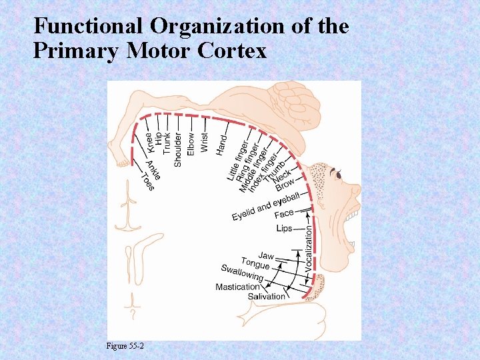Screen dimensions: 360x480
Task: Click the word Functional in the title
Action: pos(88,26)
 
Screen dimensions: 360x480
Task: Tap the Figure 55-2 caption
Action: pos(125,346)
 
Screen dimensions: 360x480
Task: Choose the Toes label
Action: pos(147,181)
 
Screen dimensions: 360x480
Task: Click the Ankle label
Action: pos(153,169)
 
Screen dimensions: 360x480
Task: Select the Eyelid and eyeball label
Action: pos(265,205)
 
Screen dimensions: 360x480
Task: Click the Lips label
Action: pos(284,228)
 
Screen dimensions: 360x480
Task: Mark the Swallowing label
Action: pos(243,272)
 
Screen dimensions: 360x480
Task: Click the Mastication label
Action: pos(237,287)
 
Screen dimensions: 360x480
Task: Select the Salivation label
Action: pos(267,296)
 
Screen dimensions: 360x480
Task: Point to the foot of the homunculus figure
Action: pos(122,161)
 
